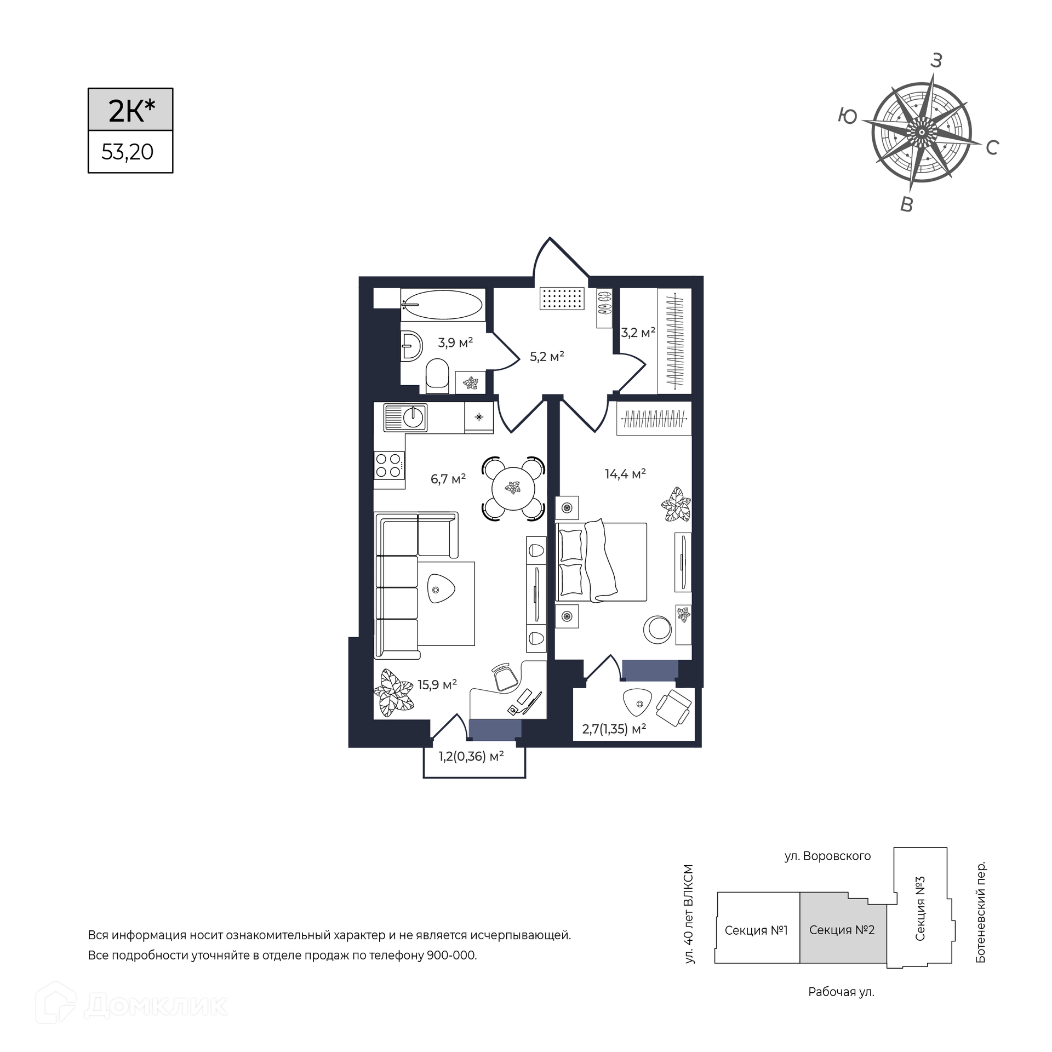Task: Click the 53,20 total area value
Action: coord(127,152)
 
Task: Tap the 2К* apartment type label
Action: coord(131,111)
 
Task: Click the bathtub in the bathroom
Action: coord(443,305)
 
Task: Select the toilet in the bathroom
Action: coord(437,376)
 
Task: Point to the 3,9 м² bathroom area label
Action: coord(455,343)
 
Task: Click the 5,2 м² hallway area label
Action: coord(547,357)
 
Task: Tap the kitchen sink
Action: coord(405,418)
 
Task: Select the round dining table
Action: coord(513,488)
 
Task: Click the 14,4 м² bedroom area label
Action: coord(625,473)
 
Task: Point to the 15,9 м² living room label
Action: coord(437,685)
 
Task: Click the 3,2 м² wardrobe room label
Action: coord(638,333)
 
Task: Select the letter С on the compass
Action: coord(992,147)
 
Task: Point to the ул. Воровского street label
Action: coord(827,856)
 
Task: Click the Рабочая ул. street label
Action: coord(841,992)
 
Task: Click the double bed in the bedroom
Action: coord(601,561)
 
